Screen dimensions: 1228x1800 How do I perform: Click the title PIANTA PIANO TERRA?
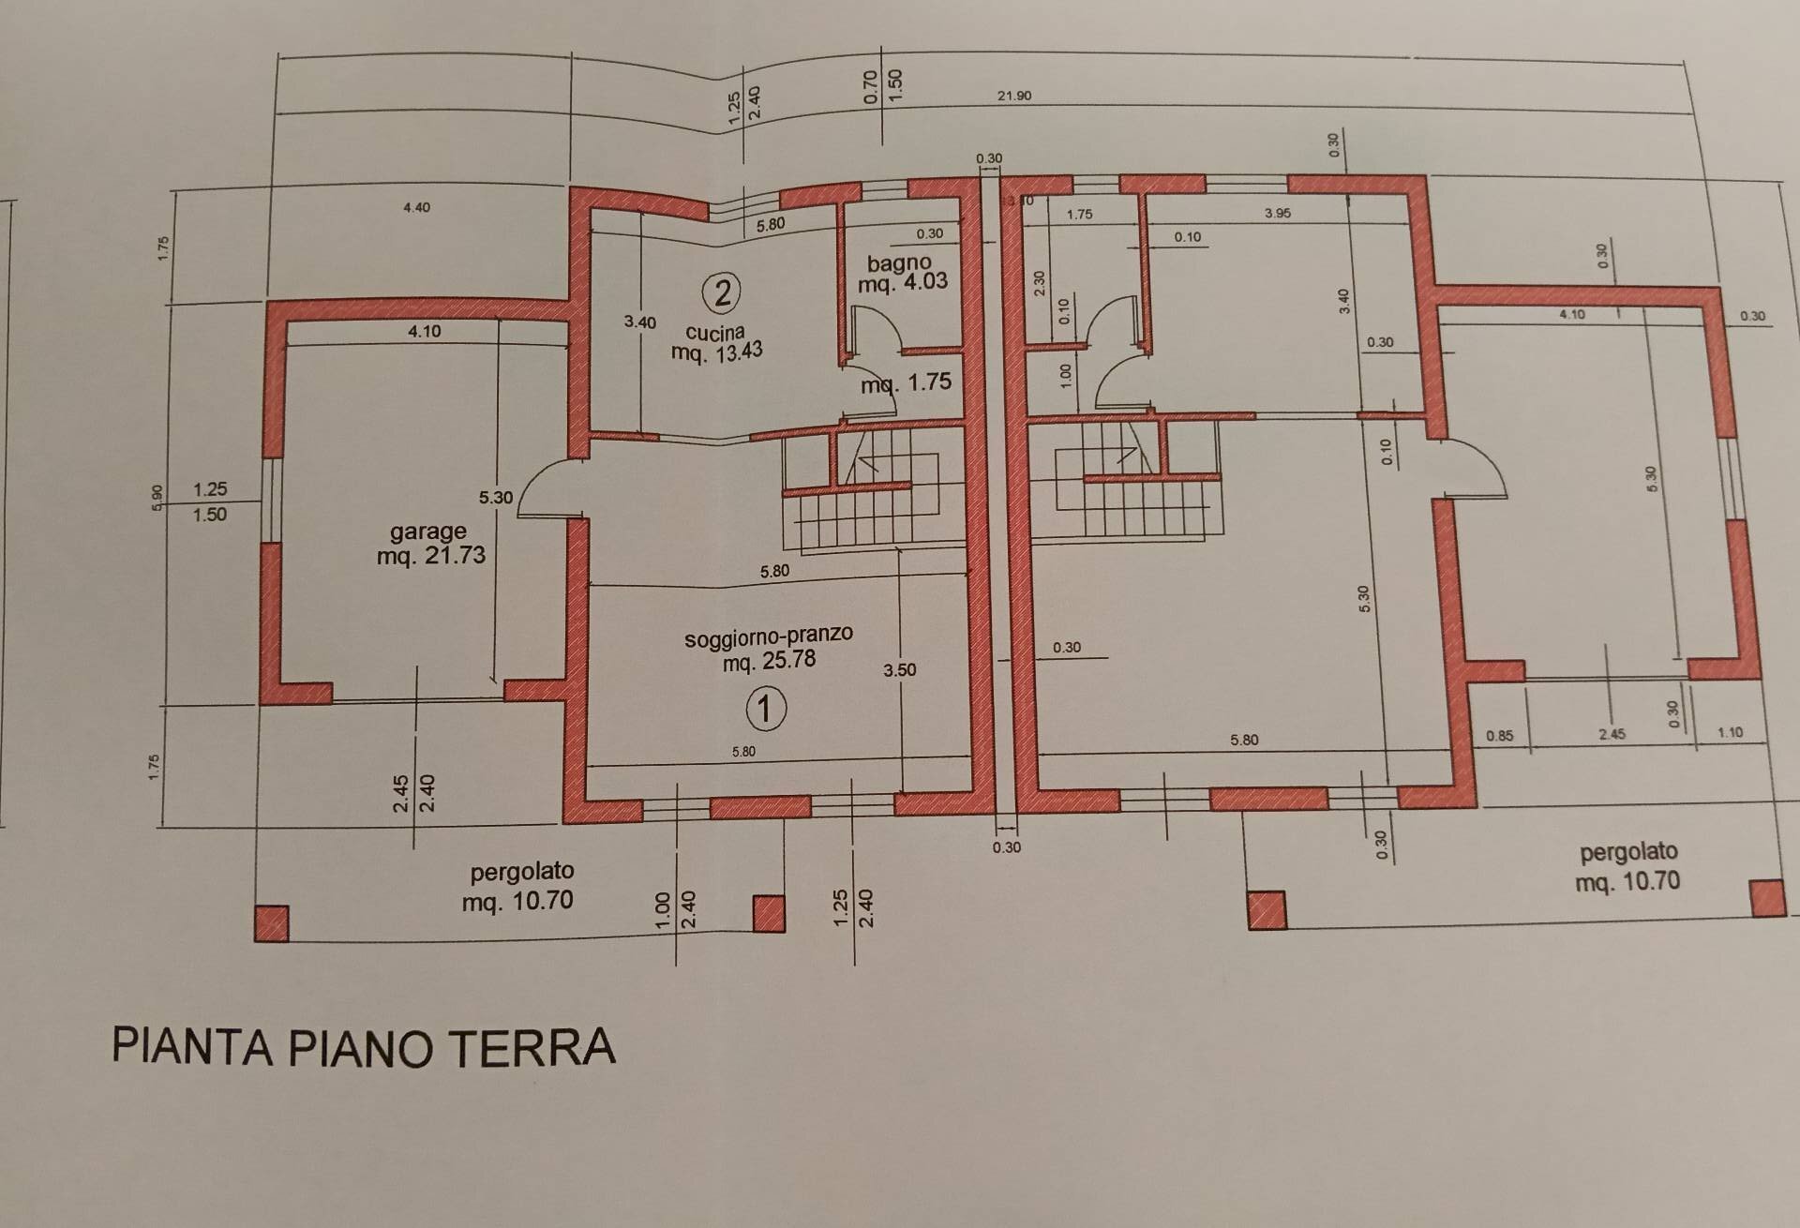(364, 1047)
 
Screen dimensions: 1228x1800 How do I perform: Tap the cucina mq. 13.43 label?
(716, 342)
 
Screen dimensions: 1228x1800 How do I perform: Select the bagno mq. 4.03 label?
(901, 273)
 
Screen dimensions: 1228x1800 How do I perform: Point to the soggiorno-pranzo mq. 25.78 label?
(769, 648)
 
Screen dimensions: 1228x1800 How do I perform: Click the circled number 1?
(765, 709)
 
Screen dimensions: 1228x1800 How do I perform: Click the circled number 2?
(722, 293)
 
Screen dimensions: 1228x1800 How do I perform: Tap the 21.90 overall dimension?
(1014, 96)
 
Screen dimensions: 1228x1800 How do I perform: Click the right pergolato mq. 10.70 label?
(1628, 867)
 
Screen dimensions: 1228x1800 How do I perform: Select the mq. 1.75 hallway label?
(906, 382)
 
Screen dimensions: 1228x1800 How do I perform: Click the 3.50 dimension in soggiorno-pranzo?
(899, 670)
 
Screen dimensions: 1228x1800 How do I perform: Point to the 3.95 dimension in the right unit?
(1277, 214)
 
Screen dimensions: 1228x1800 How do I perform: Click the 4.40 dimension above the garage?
(416, 207)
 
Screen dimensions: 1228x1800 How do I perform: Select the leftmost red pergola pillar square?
(272, 922)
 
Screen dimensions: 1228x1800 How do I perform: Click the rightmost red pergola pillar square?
(1767, 898)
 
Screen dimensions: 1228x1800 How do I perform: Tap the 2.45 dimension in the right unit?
(1612, 735)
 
